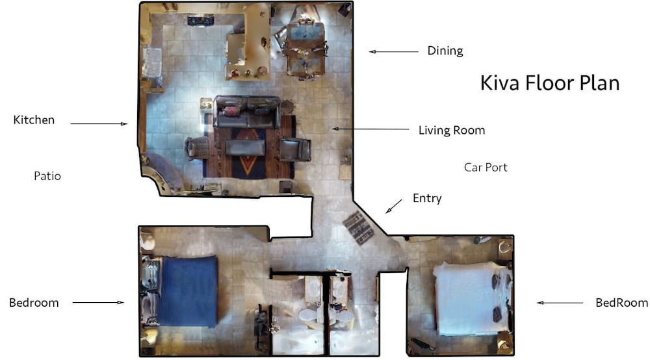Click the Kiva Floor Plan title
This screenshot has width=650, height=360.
(549, 83)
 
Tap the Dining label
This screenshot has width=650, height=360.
(445, 51)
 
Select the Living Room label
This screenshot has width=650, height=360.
(451, 130)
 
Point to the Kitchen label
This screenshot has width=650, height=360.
(34, 120)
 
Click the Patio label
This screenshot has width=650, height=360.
(47, 175)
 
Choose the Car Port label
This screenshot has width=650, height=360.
(486, 167)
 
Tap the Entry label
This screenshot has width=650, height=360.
(427, 198)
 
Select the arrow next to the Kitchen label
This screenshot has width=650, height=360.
(99, 123)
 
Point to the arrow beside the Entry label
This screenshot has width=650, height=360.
(394, 207)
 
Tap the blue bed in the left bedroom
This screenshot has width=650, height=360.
(188, 290)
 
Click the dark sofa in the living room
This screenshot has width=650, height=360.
(247, 112)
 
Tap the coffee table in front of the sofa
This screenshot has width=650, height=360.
(245, 148)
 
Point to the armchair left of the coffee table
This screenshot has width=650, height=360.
(197, 148)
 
